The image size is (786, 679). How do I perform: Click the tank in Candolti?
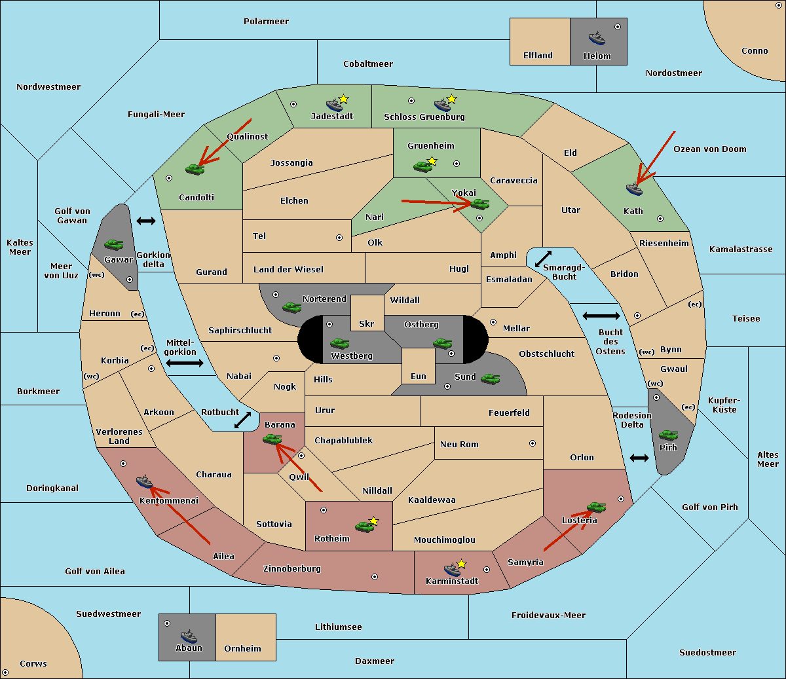pos(195,169)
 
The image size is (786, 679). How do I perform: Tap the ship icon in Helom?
pos(597,38)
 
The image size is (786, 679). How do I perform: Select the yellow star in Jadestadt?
pos(344,99)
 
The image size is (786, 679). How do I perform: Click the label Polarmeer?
pos(266,22)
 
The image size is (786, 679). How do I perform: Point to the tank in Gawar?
pos(114,244)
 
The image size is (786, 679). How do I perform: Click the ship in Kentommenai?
pos(144,482)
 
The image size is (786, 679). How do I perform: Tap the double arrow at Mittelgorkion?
pos(185,363)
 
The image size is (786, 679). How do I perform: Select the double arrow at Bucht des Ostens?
pos(601,316)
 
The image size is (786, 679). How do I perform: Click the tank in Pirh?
pos(668,435)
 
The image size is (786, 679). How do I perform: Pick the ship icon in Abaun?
pos(189,636)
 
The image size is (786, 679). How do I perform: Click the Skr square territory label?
pos(367,323)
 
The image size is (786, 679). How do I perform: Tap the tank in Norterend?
pos(291,307)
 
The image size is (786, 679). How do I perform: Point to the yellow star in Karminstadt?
pos(461,564)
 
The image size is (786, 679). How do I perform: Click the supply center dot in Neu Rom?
pos(533,443)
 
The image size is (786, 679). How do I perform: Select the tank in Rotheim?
pos(364,526)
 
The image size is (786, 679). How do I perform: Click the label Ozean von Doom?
pos(710,149)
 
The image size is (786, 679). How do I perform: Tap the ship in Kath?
pos(634,189)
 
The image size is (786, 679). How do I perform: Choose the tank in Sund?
pos(490,378)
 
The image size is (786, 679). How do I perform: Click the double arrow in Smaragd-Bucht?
pos(544,259)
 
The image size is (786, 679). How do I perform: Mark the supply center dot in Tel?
pos(339,238)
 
